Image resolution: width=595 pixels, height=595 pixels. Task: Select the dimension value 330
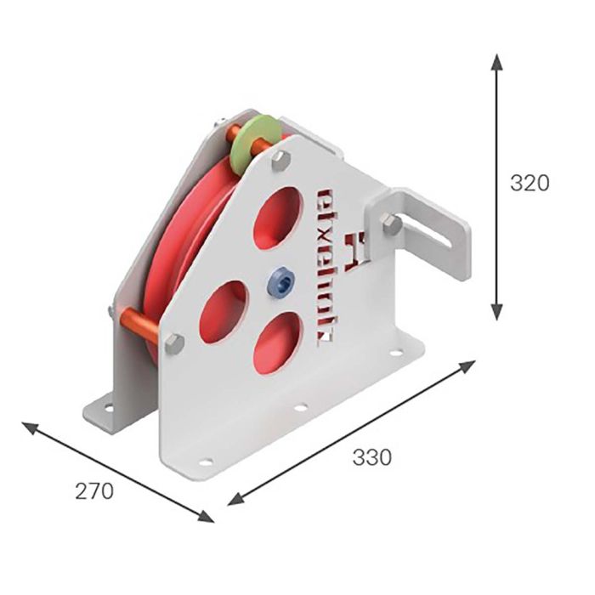tap(371, 457)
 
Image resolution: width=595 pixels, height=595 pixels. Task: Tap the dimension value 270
tap(93, 490)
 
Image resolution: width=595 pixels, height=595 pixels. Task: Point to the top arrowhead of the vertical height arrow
tap(497, 61)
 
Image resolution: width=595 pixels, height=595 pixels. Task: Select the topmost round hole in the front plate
tap(278, 218)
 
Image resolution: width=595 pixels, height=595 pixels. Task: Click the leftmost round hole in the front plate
tap(224, 311)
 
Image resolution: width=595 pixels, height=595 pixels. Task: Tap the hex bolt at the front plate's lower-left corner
tap(173, 343)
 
